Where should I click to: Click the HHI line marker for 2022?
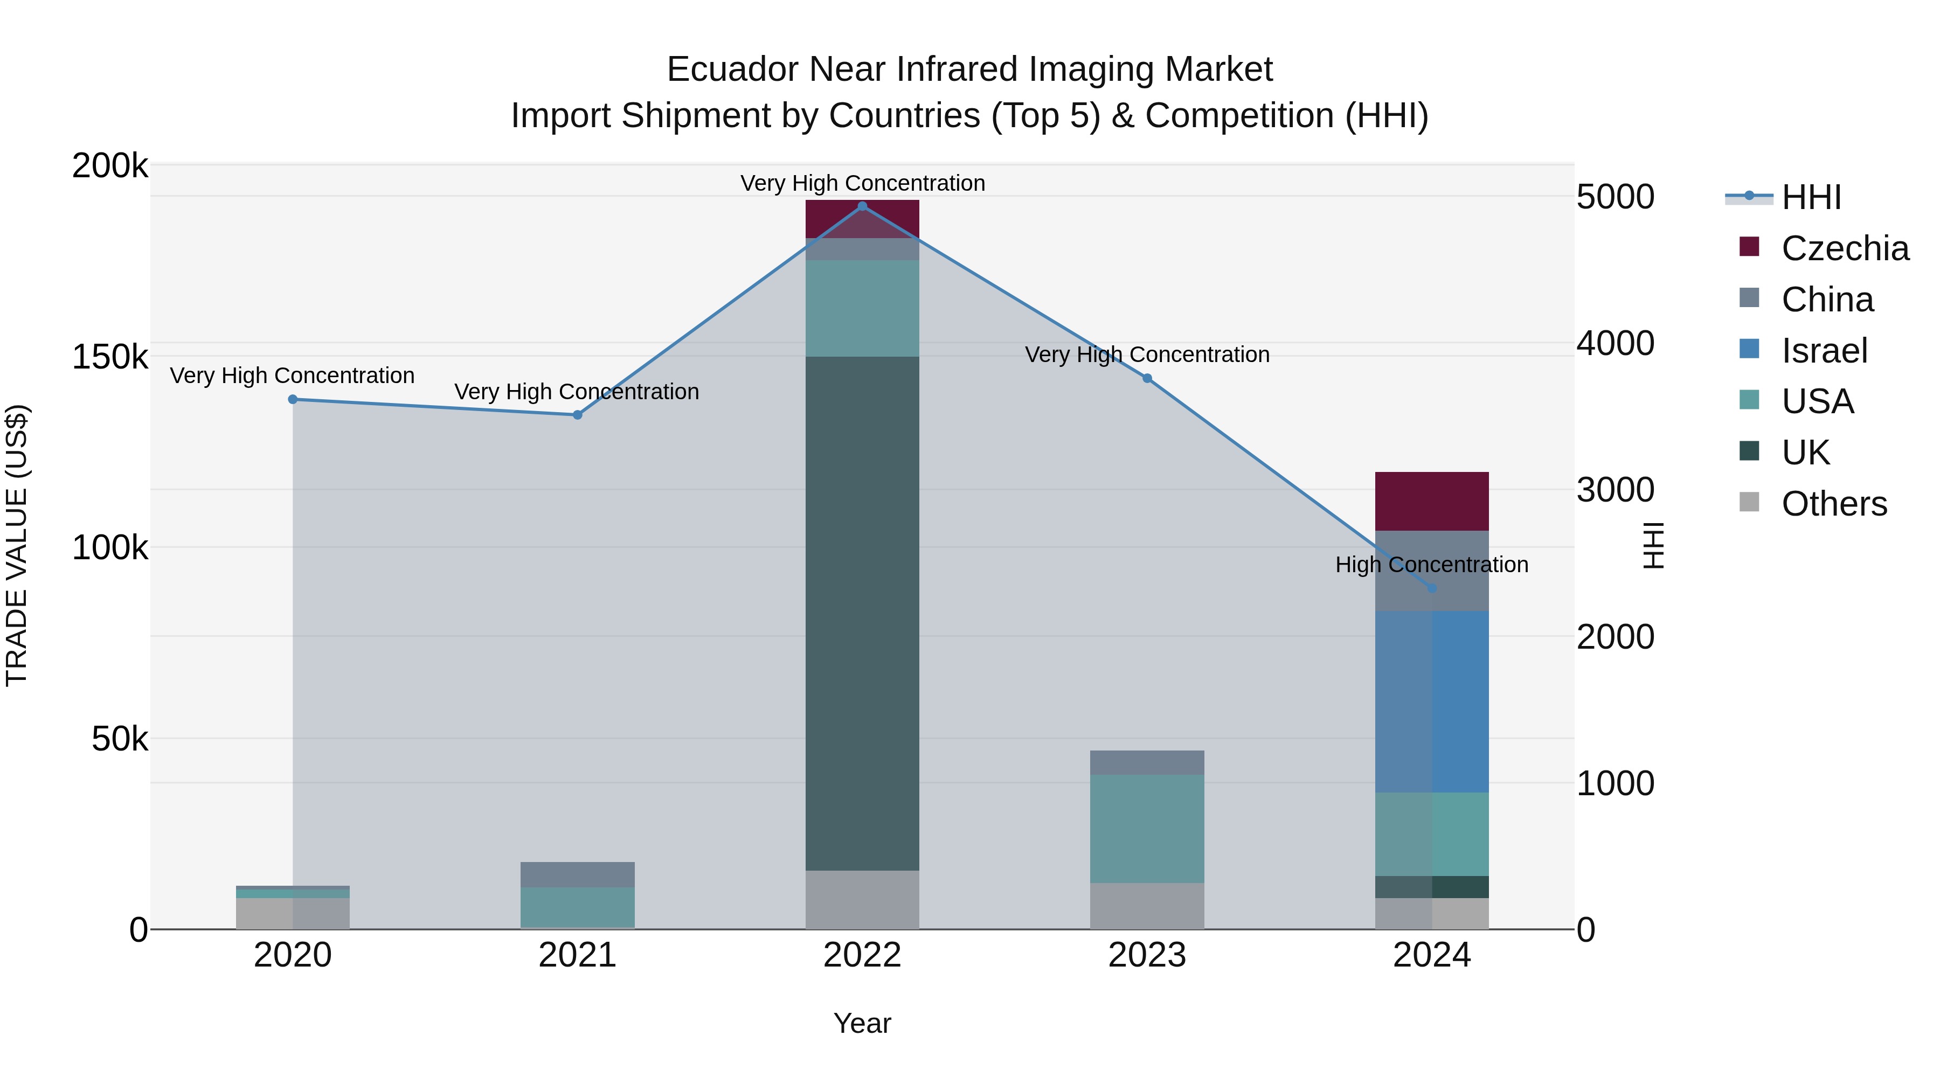(x=862, y=206)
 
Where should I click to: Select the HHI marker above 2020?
(x=293, y=399)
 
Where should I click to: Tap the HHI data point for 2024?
(x=1432, y=588)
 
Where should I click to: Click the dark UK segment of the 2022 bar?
(x=862, y=613)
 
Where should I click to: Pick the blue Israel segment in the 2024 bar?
(x=1432, y=701)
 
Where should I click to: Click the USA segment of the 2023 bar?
(x=1147, y=828)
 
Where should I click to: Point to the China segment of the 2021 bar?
(x=578, y=874)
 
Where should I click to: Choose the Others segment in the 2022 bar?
(x=862, y=899)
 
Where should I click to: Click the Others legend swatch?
(x=1749, y=502)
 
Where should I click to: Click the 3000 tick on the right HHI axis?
(x=1615, y=490)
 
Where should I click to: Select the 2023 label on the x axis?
(x=1147, y=955)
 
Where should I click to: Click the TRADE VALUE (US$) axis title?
(x=17, y=545)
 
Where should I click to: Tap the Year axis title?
(x=862, y=1023)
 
